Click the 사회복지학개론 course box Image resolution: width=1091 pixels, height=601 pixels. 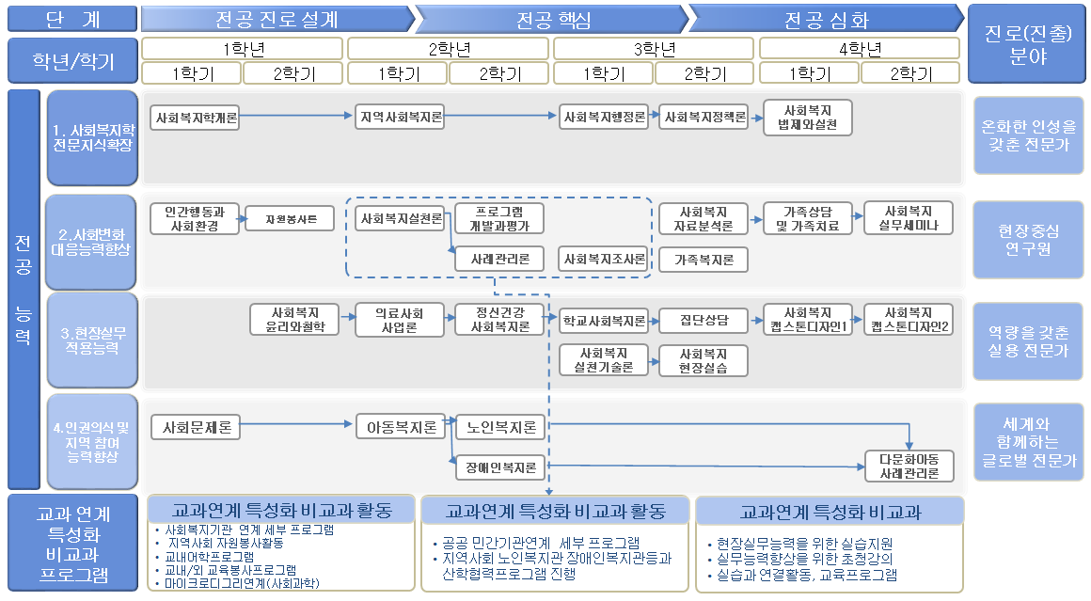(x=196, y=118)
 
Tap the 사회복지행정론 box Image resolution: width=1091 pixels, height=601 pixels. (x=605, y=118)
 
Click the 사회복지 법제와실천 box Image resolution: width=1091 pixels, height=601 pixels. (x=807, y=117)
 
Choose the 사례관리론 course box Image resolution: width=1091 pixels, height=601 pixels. (x=499, y=259)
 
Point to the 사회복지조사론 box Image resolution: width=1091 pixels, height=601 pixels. (x=605, y=259)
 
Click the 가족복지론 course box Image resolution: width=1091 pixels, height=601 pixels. (x=704, y=259)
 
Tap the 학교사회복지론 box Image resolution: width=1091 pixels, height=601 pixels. (x=605, y=321)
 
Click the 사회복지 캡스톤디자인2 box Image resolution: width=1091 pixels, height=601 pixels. (x=908, y=320)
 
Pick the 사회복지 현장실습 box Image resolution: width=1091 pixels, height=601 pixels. (x=704, y=360)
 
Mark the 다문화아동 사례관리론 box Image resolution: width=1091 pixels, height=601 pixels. (x=909, y=466)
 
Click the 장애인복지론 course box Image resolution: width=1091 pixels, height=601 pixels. (x=499, y=467)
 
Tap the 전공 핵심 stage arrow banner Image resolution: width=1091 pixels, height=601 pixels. (x=550, y=19)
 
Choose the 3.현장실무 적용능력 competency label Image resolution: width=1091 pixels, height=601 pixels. (x=92, y=340)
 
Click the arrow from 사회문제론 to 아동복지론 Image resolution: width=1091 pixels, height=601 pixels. (x=297, y=426)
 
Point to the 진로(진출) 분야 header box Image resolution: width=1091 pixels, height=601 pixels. (x=1027, y=44)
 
